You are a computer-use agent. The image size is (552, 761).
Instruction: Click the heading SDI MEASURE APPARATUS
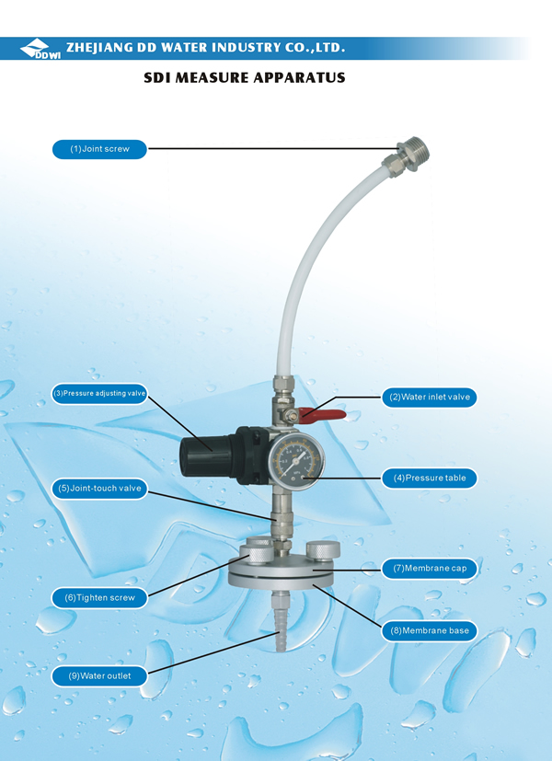[x=245, y=77]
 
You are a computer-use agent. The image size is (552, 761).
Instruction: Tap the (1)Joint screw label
[x=99, y=149]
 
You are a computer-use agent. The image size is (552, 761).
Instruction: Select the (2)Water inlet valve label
[x=430, y=397]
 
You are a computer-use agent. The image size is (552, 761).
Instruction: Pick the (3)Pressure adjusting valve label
[x=99, y=393]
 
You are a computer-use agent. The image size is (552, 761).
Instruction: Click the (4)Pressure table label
[x=430, y=479]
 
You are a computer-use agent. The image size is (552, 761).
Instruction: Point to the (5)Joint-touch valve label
[x=99, y=489]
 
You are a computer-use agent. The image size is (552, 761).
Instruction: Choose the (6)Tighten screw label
[x=99, y=598]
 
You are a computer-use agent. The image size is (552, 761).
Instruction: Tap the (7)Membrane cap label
[x=430, y=569]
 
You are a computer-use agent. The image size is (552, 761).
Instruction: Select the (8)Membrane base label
[x=430, y=631]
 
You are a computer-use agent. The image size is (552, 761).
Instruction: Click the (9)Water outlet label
[x=99, y=676]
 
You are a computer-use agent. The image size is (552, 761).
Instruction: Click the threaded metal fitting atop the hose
[x=406, y=156]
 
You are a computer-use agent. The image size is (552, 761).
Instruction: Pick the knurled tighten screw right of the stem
[x=324, y=551]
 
